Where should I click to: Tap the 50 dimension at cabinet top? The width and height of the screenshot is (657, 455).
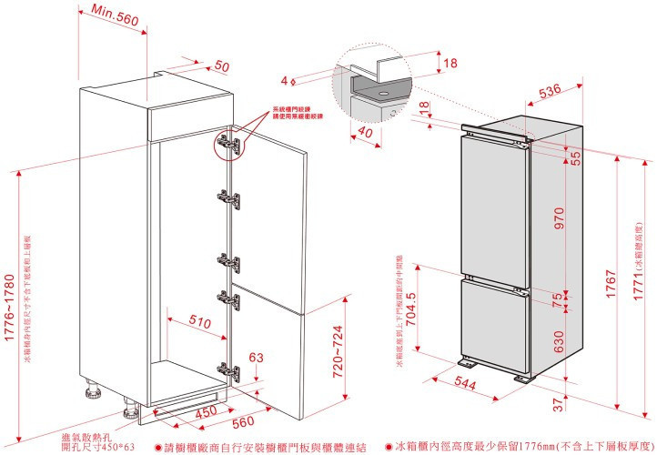pyautogui.click(x=221, y=66)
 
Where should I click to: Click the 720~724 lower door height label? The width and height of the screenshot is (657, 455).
pyautogui.click(x=338, y=351)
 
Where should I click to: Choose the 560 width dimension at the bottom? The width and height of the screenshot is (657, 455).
pyautogui.click(x=242, y=423)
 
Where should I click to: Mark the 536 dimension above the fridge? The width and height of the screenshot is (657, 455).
pyautogui.click(x=549, y=91)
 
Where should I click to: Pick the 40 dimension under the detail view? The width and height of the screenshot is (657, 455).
pyautogui.click(x=365, y=133)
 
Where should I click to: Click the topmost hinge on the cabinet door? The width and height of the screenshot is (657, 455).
pyautogui.click(x=226, y=143)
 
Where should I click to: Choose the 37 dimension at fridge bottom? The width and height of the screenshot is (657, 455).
pyautogui.click(x=557, y=403)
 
